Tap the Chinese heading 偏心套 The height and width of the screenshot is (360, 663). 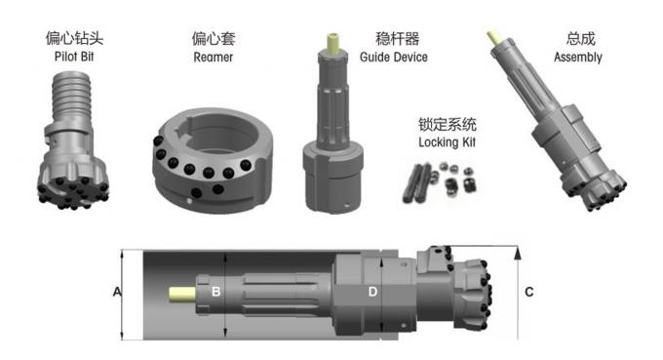click(214, 40)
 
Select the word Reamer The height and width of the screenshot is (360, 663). click(214, 58)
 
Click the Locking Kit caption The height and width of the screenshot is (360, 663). click(444, 142)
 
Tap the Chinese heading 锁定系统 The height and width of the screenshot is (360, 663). click(444, 125)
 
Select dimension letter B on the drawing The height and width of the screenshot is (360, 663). click(216, 291)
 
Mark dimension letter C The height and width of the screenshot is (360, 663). click(528, 291)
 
